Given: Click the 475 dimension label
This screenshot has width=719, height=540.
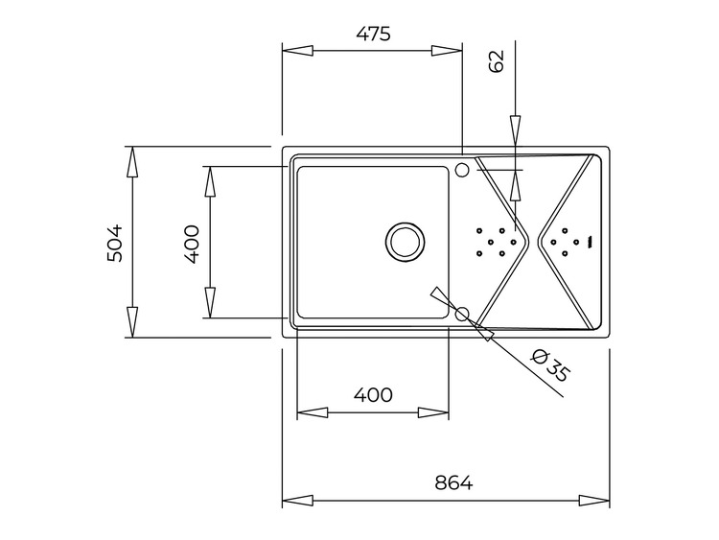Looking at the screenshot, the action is (373, 34).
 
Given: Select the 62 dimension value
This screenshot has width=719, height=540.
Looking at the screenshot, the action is (497, 61).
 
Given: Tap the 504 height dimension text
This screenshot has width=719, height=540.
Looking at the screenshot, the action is (115, 243).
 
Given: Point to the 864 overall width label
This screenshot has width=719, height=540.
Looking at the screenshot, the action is (453, 482).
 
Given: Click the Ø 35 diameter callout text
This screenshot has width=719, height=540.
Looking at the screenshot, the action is (549, 365).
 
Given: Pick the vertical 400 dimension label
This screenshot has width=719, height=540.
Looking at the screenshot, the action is (191, 244).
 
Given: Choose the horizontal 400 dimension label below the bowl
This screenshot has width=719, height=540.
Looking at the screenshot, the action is (373, 394).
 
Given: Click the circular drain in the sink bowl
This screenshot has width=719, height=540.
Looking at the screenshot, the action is (404, 243).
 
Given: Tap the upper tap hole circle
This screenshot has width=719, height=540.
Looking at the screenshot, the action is (462, 170).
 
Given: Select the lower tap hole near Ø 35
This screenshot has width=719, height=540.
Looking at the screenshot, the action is (462, 314).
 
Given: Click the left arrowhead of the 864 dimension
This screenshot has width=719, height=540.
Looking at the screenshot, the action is (297, 500).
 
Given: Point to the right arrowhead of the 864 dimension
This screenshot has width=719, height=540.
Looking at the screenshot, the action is (594, 500).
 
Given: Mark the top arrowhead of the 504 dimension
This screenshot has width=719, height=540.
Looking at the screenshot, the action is (132, 161).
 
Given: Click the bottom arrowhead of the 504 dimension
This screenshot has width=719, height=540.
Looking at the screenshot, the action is (132, 322).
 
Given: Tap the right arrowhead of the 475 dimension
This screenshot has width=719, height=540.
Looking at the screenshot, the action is (446, 51).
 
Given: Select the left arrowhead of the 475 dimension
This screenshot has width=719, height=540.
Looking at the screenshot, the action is (297, 51).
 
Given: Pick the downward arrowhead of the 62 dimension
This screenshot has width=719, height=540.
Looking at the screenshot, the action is (516, 130).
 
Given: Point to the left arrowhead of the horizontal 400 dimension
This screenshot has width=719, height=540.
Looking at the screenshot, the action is (313, 412).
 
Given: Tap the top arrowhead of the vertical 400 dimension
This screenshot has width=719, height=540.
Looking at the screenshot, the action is (210, 181).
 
